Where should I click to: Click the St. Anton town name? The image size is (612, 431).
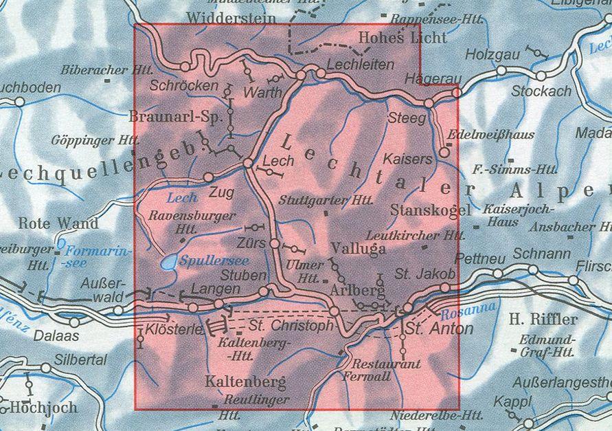click(438, 329)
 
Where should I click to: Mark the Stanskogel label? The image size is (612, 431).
click(431, 210)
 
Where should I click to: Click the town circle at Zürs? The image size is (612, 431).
click(275, 243)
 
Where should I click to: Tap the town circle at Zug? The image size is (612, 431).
click(209, 177)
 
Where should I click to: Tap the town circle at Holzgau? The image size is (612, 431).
click(502, 71)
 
